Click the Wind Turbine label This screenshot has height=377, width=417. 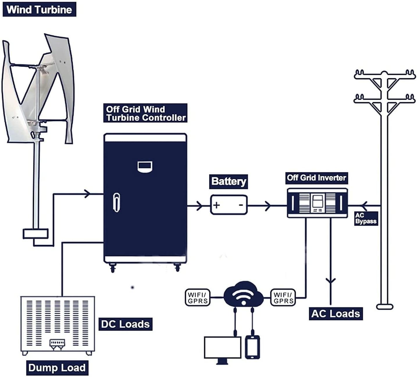click(x=39, y=9)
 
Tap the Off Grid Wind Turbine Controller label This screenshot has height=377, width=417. click(x=145, y=113)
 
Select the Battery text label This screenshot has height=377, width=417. click(x=229, y=181)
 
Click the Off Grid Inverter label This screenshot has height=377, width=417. click(x=316, y=178)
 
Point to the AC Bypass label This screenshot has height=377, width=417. click(x=366, y=218)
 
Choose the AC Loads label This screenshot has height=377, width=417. click(x=336, y=314)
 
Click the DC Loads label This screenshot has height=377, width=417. click(x=125, y=324)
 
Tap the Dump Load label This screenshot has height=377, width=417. click(x=57, y=368)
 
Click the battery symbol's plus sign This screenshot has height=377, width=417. click(x=216, y=205)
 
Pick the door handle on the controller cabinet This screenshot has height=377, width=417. click(x=117, y=202)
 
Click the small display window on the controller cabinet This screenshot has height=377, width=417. click(x=145, y=166)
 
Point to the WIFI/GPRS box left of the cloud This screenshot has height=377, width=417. click(x=198, y=298)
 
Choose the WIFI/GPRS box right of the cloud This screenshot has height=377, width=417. click(x=283, y=298)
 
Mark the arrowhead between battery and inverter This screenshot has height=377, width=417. click(x=268, y=206)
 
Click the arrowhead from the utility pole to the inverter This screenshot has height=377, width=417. click(x=364, y=206)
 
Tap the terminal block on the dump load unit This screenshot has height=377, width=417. click(x=57, y=344)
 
